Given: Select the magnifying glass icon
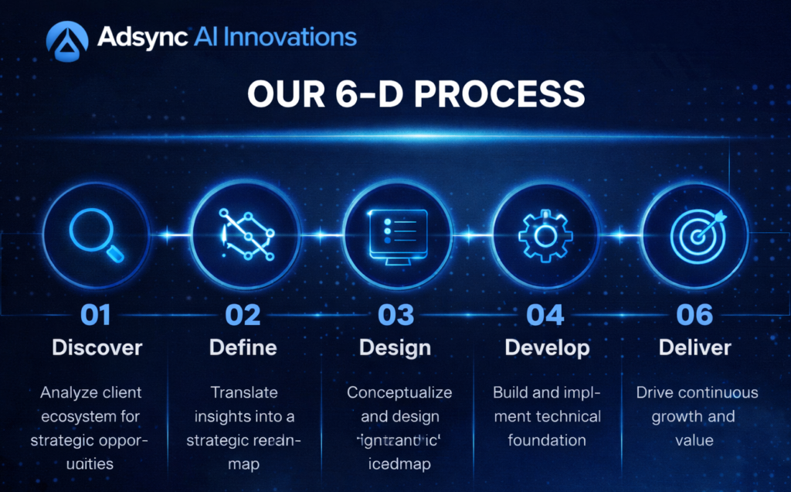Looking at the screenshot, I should click(x=97, y=233).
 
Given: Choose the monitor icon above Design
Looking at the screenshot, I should click(x=395, y=233).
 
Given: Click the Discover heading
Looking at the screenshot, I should click(x=97, y=347).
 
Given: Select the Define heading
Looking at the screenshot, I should click(x=243, y=347).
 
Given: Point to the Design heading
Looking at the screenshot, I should click(x=395, y=347).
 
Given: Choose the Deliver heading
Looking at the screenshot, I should click(x=695, y=347).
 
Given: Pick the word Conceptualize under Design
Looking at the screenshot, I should click(x=399, y=392).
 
